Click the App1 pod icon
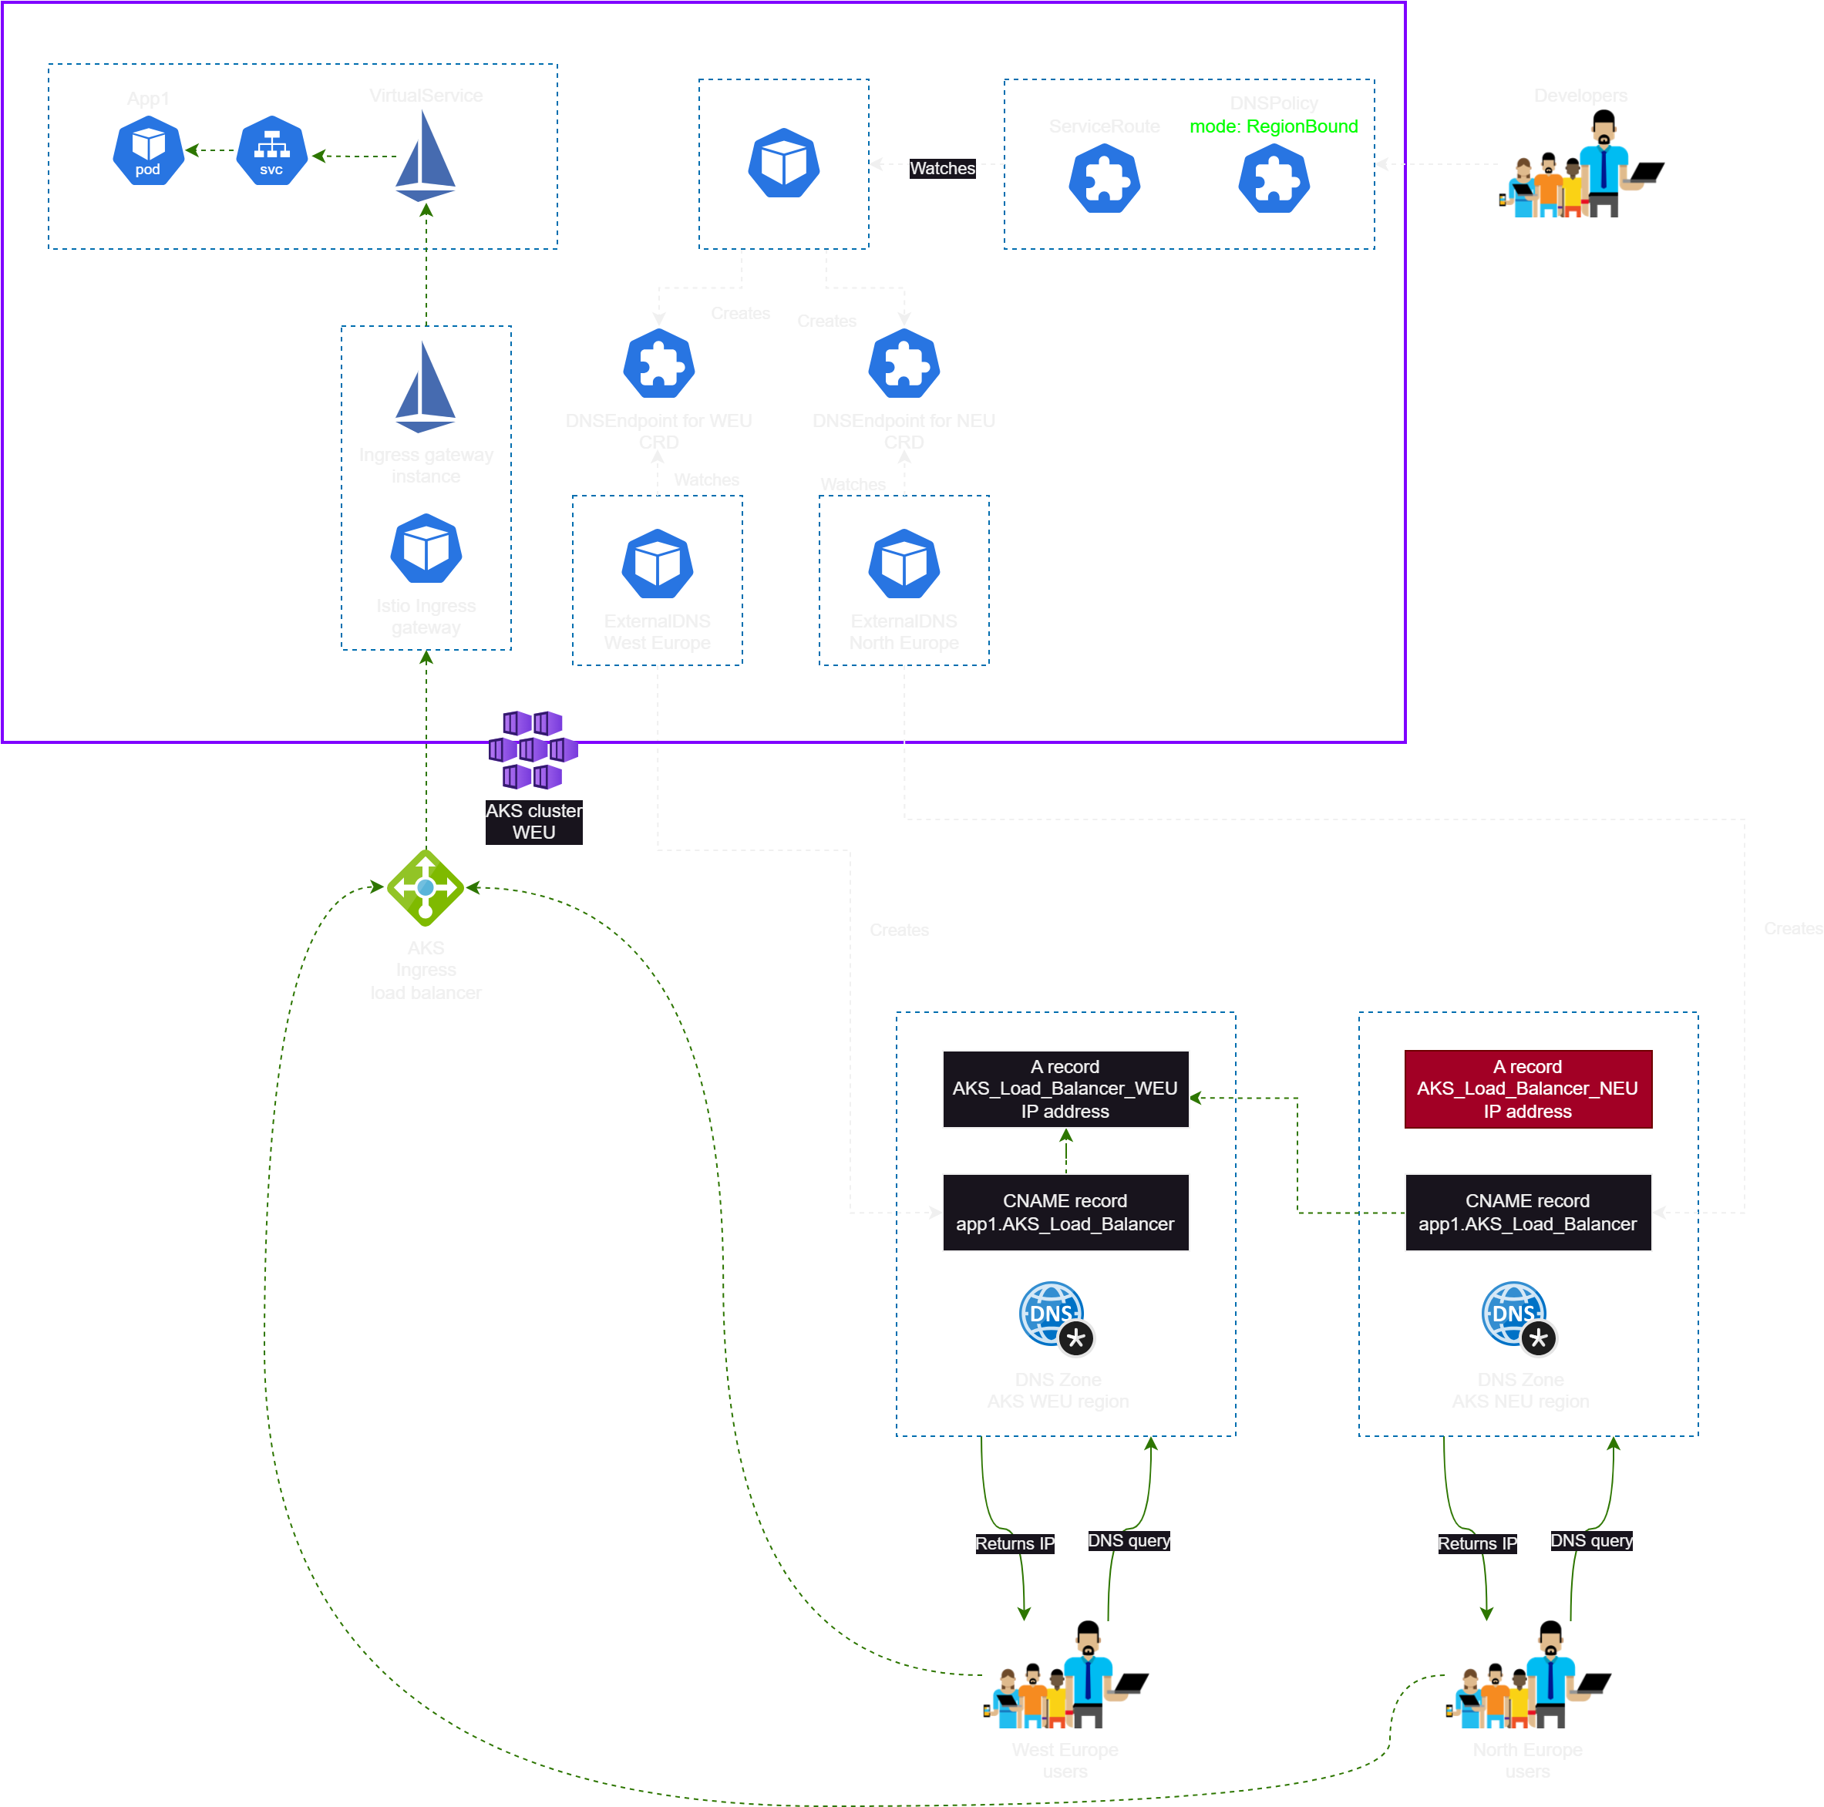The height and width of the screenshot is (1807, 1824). pos(148,151)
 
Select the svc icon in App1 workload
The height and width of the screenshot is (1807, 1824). pos(272,151)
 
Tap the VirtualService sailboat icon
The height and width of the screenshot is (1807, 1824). pos(426,156)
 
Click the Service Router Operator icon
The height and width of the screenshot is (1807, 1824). pos(783,163)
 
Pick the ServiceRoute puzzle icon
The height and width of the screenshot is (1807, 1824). pos(1105,180)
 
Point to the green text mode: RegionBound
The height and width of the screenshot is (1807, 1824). pos(1273,126)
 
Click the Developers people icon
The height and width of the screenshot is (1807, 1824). pos(1579,172)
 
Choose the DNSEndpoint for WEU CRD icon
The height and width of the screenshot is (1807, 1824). pos(659,365)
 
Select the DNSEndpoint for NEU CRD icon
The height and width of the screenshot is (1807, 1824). pos(904,365)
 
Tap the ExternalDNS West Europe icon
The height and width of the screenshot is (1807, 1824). pos(658,564)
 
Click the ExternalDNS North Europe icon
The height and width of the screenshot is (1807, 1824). pos(904,564)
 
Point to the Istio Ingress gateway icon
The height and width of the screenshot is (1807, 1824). pos(426,550)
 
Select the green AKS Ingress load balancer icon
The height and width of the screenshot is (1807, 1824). pos(426,887)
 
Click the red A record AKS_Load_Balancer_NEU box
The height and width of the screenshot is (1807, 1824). pos(1527,1089)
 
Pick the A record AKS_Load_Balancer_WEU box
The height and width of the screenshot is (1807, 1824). pos(1065,1089)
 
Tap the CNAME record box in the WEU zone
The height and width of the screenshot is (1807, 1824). pos(1065,1212)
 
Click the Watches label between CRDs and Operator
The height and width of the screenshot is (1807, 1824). pos(942,169)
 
